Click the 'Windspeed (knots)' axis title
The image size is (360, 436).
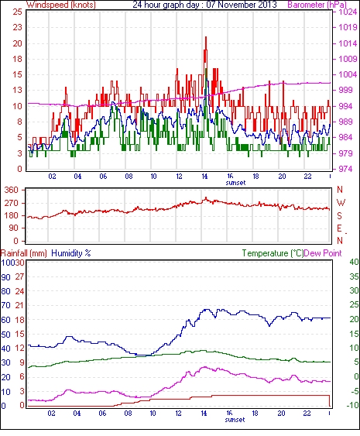[x=61, y=5]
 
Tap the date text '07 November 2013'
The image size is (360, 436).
[x=242, y=5]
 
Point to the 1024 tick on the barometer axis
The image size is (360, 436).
[x=348, y=12]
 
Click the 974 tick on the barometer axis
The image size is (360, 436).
[x=345, y=169]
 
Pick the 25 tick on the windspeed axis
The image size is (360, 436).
[x=17, y=12]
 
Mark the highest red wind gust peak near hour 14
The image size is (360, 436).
[x=206, y=37]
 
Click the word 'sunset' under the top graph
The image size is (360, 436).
[x=235, y=183]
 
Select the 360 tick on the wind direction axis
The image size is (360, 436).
[x=12, y=191]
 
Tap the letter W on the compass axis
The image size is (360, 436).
[x=341, y=203]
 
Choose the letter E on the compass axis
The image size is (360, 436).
[x=339, y=228]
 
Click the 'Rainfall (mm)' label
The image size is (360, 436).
[x=23, y=253]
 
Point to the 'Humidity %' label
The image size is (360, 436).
[x=71, y=253]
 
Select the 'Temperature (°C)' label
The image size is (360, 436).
[x=273, y=253]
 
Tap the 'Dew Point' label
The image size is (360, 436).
[x=323, y=253]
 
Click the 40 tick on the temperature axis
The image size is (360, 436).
[x=354, y=263]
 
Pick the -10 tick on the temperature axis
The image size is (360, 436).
[x=352, y=406]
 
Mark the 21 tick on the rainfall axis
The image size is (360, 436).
[x=19, y=305]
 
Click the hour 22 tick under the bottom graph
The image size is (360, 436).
[x=307, y=414]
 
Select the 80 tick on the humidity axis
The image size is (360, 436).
[x=6, y=291]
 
